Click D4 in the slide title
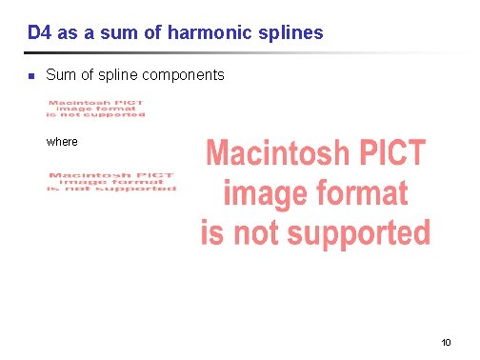pos(39,33)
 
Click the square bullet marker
pos(30,75)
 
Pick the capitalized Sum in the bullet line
pos(60,74)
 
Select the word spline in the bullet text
pos(116,74)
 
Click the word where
pos(62,142)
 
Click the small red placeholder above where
pos(96,108)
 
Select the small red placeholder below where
pos(112,182)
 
